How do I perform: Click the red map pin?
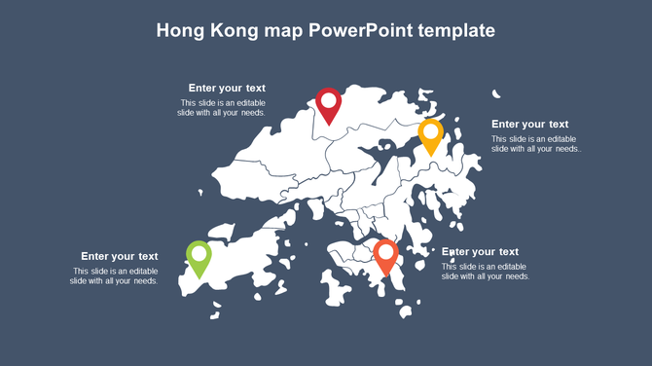tap(329, 105)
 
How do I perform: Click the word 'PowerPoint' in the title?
tap(360, 31)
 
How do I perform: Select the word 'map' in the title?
tap(283, 31)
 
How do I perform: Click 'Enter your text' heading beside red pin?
tap(227, 88)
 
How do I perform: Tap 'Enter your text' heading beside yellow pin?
tap(529, 124)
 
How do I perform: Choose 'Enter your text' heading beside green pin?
tap(119, 256)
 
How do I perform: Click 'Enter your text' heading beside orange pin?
tap(481, 251)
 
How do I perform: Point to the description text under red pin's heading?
tap(222, 107)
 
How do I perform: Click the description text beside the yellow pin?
tap(536, 143)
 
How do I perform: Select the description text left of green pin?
tap(114, 275)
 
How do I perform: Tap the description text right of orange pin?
tap(485, 271)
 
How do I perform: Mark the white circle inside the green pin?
tap(199, 253)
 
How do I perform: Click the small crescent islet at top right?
tap(496, 93)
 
